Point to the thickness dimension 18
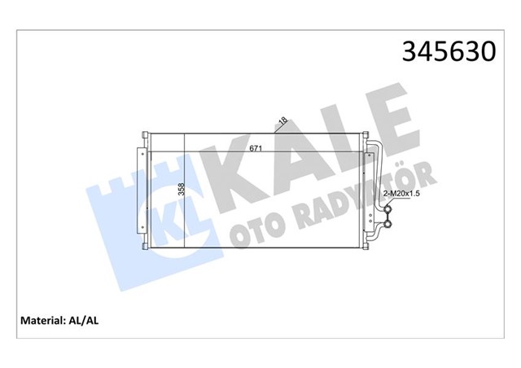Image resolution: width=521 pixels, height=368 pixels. (282, 121)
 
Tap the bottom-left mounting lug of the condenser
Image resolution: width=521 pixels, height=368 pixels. (146, 245)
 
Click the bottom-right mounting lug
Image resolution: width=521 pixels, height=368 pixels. (364, 245)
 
